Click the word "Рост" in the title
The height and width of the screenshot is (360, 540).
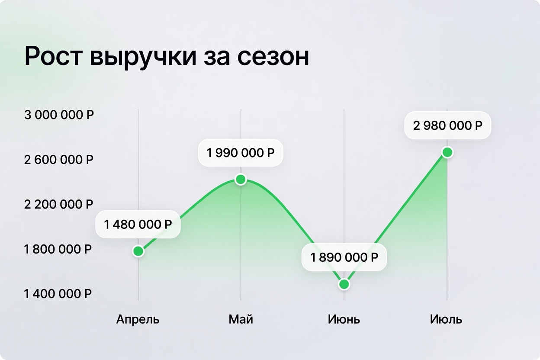coord(54,56)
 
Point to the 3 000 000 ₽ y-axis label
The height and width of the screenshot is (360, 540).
coord(59,115)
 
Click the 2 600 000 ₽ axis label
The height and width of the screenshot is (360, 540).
coord(59,160)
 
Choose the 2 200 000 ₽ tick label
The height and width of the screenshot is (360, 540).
coord(58,205)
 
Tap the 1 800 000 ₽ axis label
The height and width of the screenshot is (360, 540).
coord(58,249)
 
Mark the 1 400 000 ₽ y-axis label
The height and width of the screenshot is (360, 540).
coord(58,294)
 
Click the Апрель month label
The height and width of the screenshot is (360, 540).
coord(138,320)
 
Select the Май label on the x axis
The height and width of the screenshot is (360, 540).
coord(241,319)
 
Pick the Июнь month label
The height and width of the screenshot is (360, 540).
coord(344,319)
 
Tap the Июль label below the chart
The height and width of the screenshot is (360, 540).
coord(446,319)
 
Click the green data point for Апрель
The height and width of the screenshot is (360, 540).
coord(138,251)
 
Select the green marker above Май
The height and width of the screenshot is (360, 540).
coord(241,180)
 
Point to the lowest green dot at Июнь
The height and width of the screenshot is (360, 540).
coord(344,284)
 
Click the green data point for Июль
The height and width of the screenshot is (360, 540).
coord(447,152)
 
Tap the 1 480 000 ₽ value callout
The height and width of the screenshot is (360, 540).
coord(138,224)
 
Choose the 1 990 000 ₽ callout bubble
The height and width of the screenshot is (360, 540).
coord(241,153)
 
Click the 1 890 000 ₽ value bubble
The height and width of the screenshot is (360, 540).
coord(344,257)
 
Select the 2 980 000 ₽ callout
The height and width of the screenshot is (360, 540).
coord(448,125)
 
